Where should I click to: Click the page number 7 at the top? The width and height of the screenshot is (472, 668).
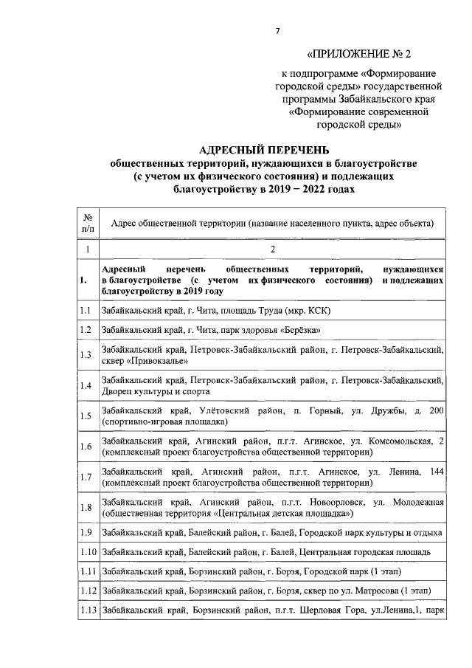pos(277,31)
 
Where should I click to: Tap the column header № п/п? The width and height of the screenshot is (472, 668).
pos(87,223)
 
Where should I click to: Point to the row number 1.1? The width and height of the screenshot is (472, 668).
pos(86,311)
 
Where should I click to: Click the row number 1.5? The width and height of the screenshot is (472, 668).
pos(86,416)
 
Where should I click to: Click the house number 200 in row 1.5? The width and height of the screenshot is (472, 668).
pos(436,410)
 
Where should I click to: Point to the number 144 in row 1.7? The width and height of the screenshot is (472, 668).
pos(436,470)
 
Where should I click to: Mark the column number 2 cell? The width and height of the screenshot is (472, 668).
pos(272,250)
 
